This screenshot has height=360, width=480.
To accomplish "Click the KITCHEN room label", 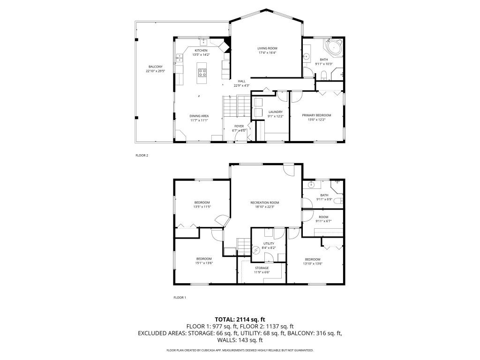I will click(x=201, y=51).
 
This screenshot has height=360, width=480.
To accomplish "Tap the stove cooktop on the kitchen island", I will click(x=202, y=72).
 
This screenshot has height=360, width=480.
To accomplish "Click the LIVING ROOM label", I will click(x=267, y=48).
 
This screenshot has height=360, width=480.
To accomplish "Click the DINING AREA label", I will click(x=199, y=116).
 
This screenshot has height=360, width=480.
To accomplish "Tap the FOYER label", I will click(x=239, y=126).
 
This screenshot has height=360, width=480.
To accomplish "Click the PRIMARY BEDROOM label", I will click(x=316, y=115).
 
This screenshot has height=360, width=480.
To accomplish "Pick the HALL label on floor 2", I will click(x=241, y=81).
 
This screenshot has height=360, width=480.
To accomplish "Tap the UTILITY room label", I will click(x=268, y=244).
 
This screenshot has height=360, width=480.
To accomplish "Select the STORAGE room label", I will click(x=262, y=268).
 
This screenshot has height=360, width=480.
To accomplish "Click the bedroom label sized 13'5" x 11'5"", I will click(x=202, y=202).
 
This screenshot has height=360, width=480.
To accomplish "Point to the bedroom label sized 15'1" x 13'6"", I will click(x=204, y=259).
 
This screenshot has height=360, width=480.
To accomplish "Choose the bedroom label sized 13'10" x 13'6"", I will click(x=313, y=259).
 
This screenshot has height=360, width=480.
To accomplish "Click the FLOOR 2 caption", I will click(x=142, y=155).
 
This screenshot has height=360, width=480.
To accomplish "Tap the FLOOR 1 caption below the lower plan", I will click(x=180, y=297).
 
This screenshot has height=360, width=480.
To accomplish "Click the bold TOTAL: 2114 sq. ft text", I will click(x=240, y=319).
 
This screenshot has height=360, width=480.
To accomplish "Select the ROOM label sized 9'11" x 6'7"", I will click(x=323, y=217).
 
